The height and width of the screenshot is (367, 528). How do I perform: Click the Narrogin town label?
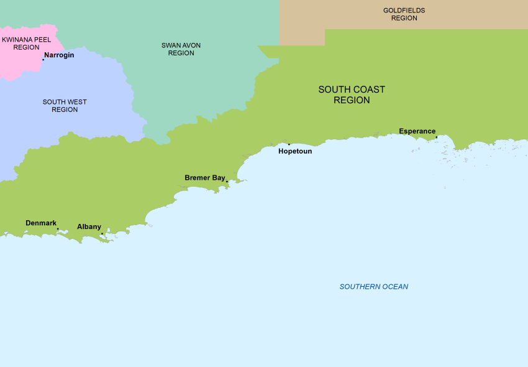[x=59, y=55]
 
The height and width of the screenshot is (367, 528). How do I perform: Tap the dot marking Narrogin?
[x=43, y=60]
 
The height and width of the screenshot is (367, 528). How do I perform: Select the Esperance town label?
[x=417, y=131]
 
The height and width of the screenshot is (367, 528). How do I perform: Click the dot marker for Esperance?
[x=436, y=137]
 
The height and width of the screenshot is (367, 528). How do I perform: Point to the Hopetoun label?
[x=295, y=151]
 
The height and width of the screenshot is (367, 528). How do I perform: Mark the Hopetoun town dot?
[x=289, y=144]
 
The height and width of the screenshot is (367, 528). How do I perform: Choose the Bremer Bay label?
[x=205, y=178]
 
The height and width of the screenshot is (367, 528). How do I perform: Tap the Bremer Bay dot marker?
[x=227, y=182]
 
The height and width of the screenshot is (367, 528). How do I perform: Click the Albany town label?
[x=89, y=227]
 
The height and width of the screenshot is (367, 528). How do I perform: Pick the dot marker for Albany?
[x=102, y=234]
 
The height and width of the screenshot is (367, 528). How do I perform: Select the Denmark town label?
[x=41, y=223]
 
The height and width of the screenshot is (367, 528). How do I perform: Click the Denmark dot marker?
[x=58, y=229]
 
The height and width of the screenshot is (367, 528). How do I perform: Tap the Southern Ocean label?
[x=373, y=287]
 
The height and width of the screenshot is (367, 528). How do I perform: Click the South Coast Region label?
[x=352, y=95]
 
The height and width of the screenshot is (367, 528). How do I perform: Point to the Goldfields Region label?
[x=404, y=14]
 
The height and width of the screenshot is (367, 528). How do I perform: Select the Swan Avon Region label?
[x=181, y=49]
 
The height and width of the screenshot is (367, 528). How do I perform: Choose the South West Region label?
[x=65, y=106]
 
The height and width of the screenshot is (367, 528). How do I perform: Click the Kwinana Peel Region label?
[x=26, y=43]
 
